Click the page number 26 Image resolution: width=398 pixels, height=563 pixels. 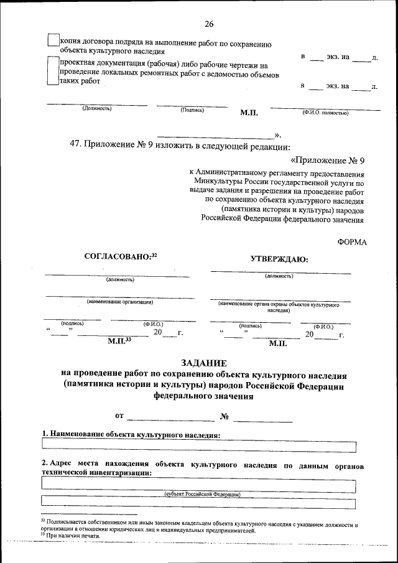coord(208,24)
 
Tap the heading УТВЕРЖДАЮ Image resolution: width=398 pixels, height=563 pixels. coord(279,259)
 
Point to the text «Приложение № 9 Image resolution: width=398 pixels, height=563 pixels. coord(327,159)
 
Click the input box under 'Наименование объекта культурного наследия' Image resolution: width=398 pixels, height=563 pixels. coord(198,445)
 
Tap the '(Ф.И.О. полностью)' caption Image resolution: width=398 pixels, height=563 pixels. coord(325,113)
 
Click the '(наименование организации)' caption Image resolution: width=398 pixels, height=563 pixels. coord(119,302)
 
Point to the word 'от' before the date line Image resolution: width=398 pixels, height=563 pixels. coord(119,416)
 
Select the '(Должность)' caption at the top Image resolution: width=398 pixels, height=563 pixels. coord(97,108)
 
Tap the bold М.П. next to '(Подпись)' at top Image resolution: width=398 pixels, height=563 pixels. coord(248,114)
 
